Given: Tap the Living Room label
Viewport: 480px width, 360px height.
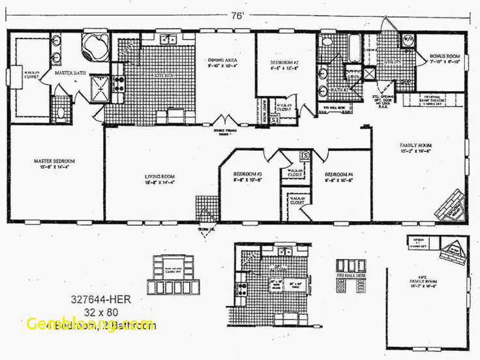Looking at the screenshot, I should click(x=160, y=176).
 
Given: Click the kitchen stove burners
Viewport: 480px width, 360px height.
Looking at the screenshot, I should click(x=119, y=83).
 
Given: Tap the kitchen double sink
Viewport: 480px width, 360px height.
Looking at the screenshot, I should click(x=168, y=39).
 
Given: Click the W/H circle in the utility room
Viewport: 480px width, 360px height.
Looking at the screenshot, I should click(x=408, y=38).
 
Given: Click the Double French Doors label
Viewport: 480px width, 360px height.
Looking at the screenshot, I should click(x=226, y=130).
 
